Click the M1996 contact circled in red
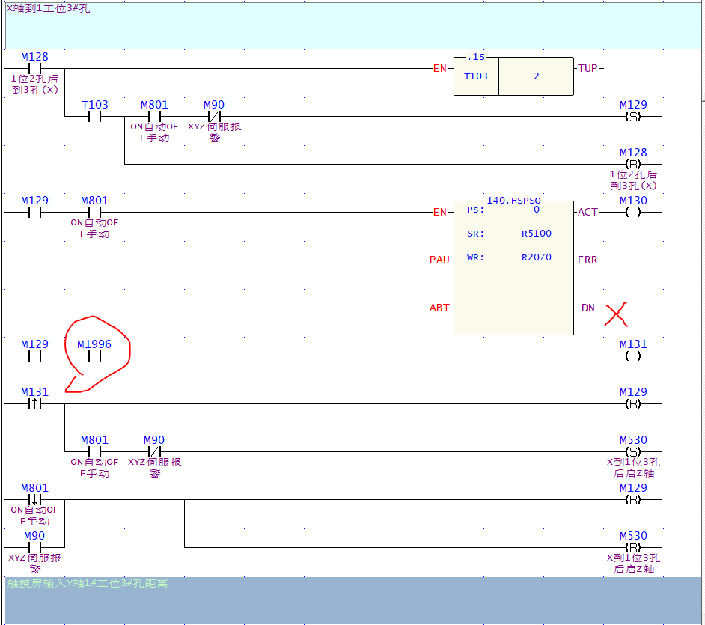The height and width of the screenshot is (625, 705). (94, 356)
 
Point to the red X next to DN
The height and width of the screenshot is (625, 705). (616, 314)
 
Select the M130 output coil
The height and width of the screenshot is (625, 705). (633, 213)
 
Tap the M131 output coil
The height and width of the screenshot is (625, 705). (633, 356)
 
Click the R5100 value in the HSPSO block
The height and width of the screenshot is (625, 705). (536, 234)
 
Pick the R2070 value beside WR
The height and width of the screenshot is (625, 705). (536, 257)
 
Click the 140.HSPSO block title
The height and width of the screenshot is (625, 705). (513, 201)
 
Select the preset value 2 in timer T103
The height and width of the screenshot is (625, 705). (536, 76)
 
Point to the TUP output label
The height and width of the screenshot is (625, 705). (588, 69)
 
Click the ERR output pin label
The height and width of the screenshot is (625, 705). (588, 260)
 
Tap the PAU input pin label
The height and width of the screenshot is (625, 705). (439, 260)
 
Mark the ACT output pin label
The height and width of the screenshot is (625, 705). (588, 213)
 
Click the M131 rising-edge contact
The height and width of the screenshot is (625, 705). (34, 404)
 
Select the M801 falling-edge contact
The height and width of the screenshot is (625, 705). (34, 500)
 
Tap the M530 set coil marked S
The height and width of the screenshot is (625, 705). (633, 452)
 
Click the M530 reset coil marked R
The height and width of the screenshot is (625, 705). (633, 548)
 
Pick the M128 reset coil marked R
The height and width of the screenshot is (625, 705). (633, 165)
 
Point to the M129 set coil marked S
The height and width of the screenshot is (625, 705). (633, 117)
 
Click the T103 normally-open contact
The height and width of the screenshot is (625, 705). (94, 117)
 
